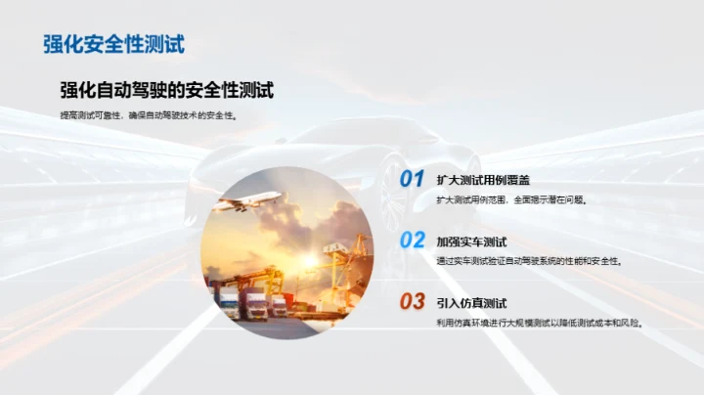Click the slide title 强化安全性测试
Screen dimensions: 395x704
point(114,43)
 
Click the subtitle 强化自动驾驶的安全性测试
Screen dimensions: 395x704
point(166,90)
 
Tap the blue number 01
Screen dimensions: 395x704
point(412,179)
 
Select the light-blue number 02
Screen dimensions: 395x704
point(412,241)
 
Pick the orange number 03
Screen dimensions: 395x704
point(412,301)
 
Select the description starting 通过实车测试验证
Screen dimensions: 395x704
point(529,261)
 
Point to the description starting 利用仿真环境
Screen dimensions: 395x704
point(539,322)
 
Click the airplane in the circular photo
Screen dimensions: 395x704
point(249,202)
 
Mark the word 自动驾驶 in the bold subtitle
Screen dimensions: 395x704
point(144,90)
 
